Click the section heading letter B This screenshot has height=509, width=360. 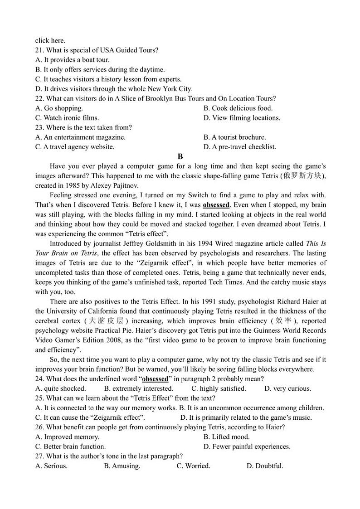point(180,156)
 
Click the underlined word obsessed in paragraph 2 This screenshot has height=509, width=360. point(216,205)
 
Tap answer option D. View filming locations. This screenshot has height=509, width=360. point(242,118)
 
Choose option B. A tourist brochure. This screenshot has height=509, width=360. point(234,137)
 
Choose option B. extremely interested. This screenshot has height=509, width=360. point(138,388)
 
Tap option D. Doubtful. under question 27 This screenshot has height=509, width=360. point(265,466)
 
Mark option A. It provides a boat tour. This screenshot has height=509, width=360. point(72,60)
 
